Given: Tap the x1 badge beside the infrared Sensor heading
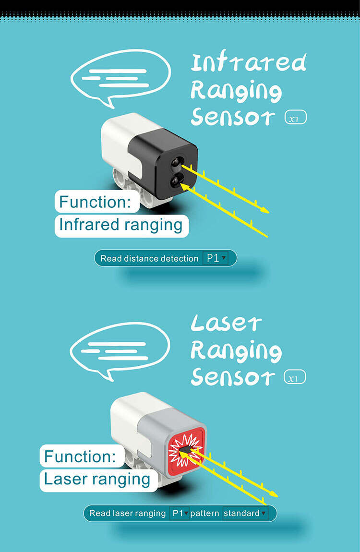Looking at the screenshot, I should point(295,118).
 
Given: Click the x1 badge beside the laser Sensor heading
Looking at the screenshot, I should point(295,378).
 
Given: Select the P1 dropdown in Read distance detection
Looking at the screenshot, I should point(216,258).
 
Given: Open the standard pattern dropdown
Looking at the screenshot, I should point(244,513).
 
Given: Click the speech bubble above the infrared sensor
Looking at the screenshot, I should point(120,77).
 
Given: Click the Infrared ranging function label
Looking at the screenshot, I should point(121,225).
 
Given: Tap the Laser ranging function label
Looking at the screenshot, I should point(97,479).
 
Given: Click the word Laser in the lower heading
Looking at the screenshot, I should point(226,324).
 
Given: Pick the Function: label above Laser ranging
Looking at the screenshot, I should point(80,456).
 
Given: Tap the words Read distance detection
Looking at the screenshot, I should point(149,259).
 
